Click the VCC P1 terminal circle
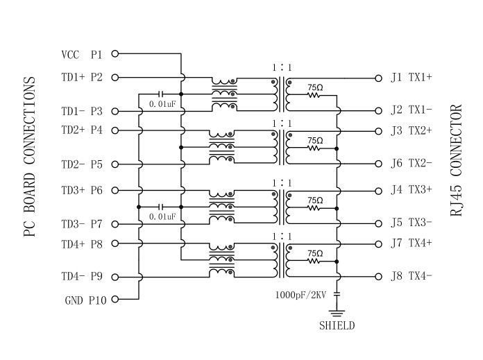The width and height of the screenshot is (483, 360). pyautogui.click(x=115, y=53)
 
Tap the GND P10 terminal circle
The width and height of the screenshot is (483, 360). pyautogui.click(x=115, y=300)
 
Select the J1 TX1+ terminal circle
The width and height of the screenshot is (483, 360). pyautogui.click(x=378, y=77)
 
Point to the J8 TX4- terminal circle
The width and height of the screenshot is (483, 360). pyautogui.click(x=378, y=277)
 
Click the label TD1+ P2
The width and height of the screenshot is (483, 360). pyautogui.click(x=82, y=77)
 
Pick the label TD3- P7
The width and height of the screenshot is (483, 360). pyautogui.click(x=82, y=224)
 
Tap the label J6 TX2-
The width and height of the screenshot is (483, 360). pyautogui.click(x=412, y=164)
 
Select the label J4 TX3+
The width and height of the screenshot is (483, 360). pyautogui.click(x=412, y=189)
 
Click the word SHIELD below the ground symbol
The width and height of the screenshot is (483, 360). pyautogui.click(x=337, y=325)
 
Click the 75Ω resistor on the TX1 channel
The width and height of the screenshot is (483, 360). pyautogui.click(x=314, y=96)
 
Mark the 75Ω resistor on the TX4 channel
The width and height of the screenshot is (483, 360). pyautogui.click(x=314, y=262)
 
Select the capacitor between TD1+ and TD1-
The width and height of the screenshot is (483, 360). pyautogui.click(x=161, y=93)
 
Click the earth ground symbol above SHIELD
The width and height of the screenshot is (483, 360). pyautogui.click(x=337, y=310)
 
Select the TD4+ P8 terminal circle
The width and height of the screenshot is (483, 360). pyautogui.click(x=115, y=243)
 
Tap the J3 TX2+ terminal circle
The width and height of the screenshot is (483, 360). pyautogui.click(x=378, y=130)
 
